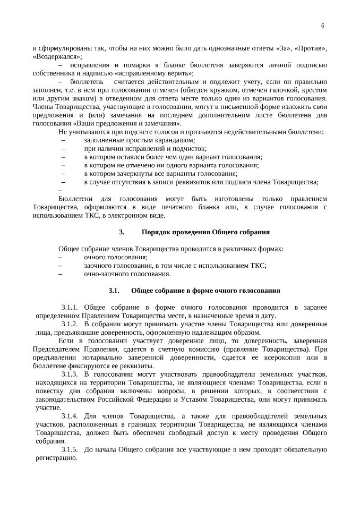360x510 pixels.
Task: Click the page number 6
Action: (323, 26)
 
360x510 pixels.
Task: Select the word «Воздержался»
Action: (56, 56)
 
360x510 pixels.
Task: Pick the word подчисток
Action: (189, 149)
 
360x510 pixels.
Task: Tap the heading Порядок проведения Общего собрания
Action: (206, 232)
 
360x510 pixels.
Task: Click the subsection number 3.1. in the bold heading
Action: (114, 291)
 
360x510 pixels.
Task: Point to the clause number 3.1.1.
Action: (70, 308)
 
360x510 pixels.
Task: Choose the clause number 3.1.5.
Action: (70, 450)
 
